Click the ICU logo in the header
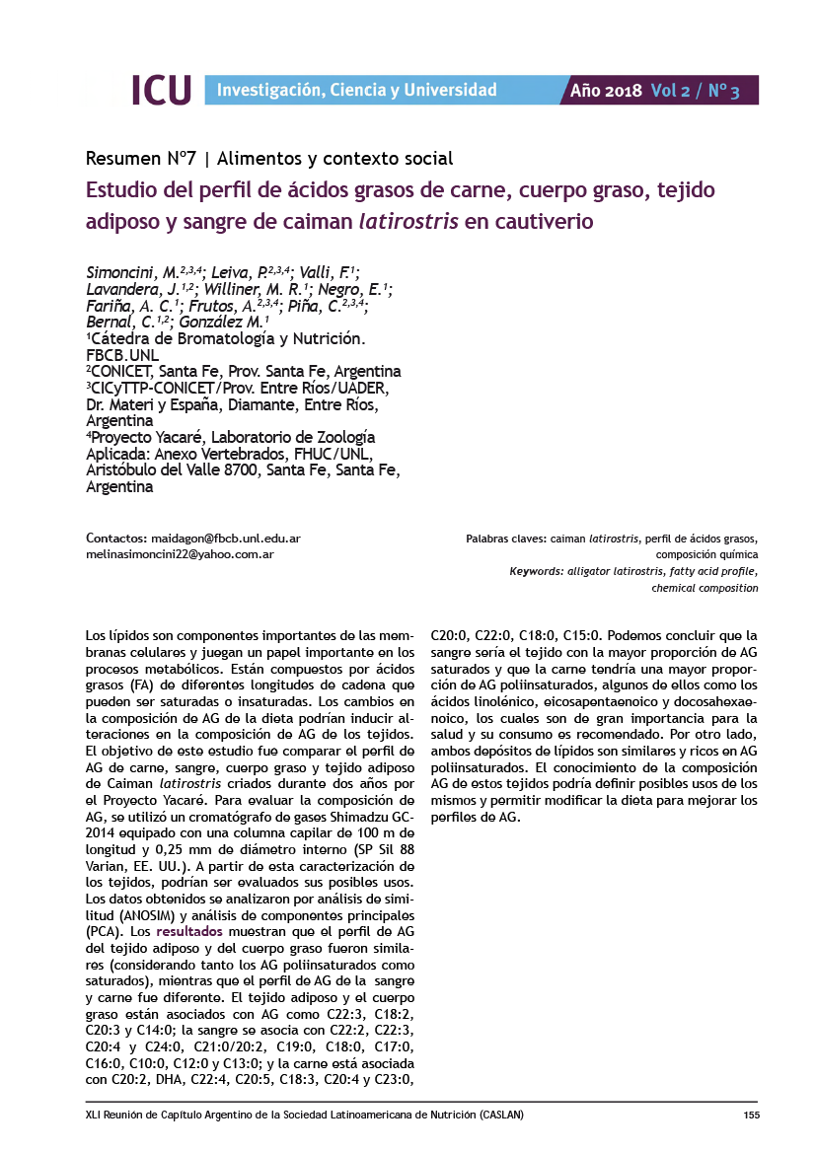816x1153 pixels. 161,90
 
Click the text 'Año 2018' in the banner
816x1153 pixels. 606,91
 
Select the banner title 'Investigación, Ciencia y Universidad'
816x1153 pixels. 356,91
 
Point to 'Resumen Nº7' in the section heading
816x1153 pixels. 142,158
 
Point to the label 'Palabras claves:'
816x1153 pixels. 504,539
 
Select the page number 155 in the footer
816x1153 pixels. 751,1115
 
